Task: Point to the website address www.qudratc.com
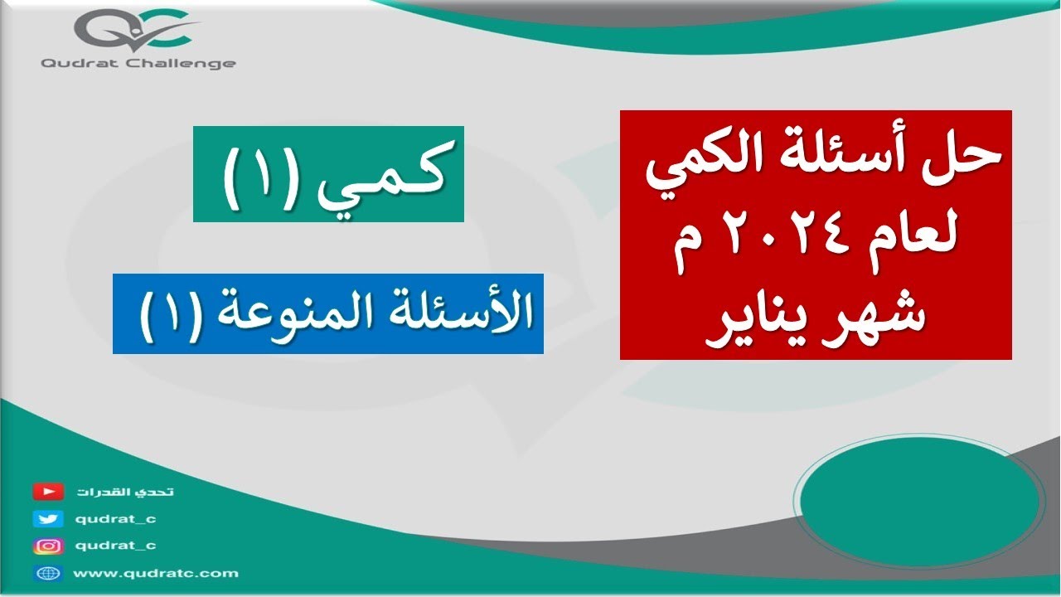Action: [x=155, y=573]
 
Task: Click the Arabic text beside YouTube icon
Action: [x=125, y=492]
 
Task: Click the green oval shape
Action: [x=919, y=498]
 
